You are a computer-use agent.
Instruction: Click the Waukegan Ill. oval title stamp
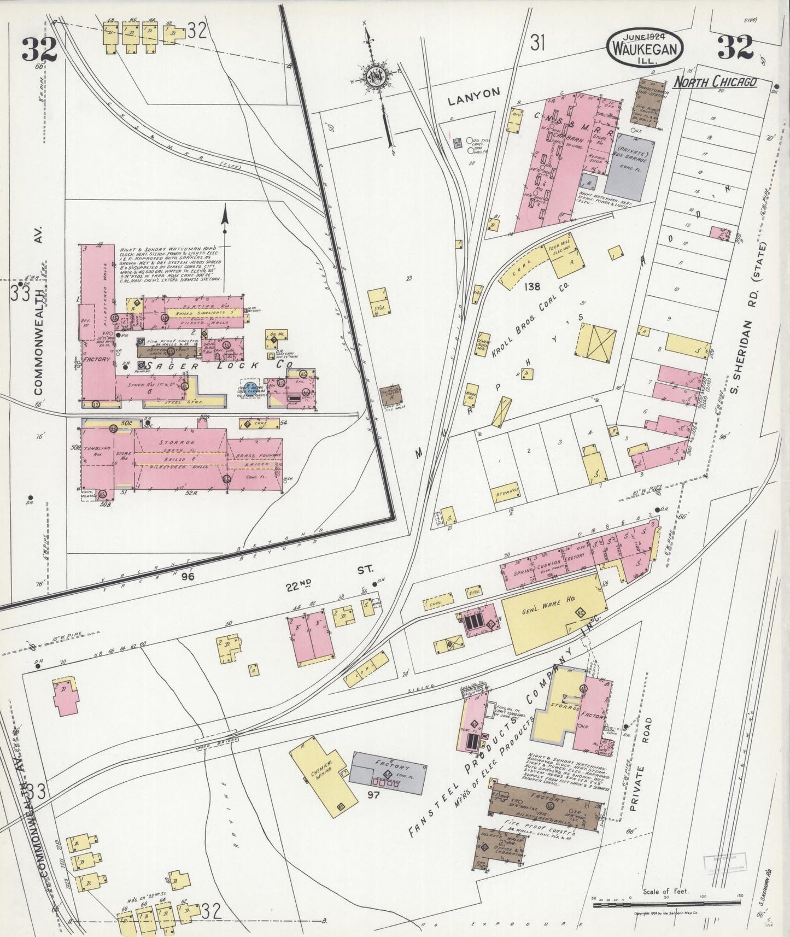click(x=645, y=47)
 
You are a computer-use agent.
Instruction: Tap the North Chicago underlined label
click(x=715, y=82)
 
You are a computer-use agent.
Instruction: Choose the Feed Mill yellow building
click(x=568, y=260)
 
